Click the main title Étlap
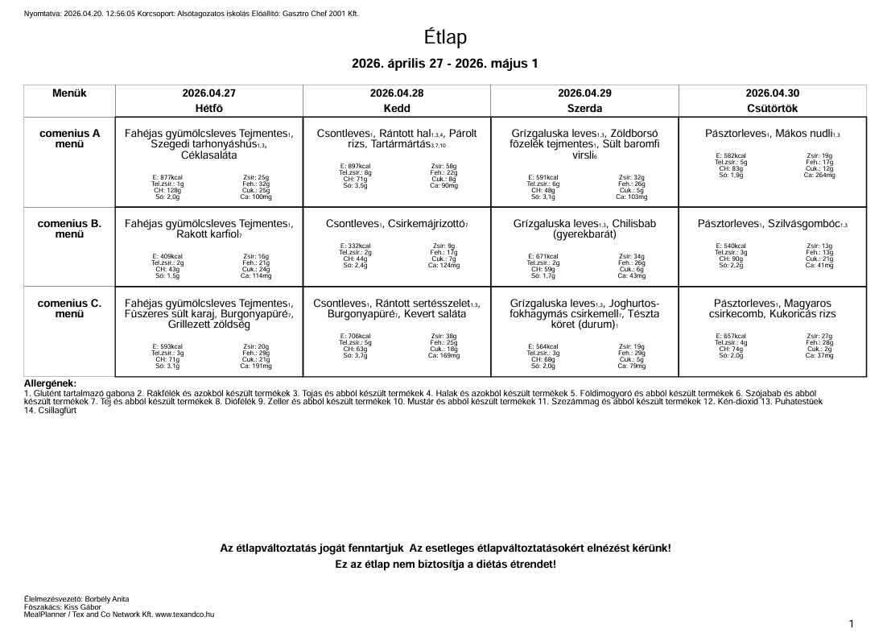pos(445,38)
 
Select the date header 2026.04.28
pos(397,93)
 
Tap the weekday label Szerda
pos(584,108)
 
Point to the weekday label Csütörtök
pos(772,108)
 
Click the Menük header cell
pos(69,93)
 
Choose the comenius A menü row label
pos(69,139)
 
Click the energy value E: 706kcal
pos(356,336)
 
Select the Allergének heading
pos(50,383)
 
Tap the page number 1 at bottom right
pos(852,623)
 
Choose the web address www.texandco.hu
pos(184,614)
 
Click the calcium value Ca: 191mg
pos(257,366)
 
